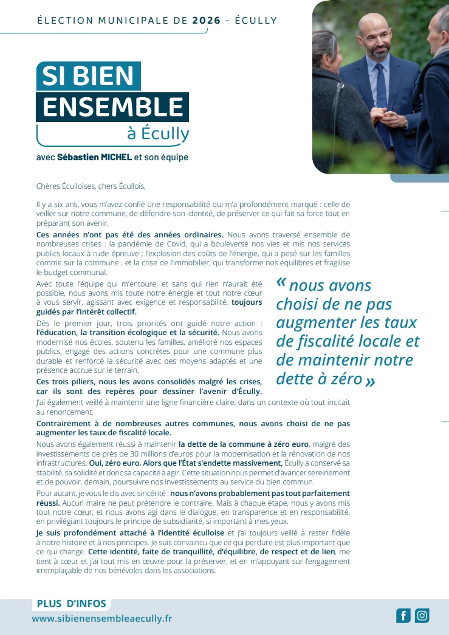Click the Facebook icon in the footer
[403, 616]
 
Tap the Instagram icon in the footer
[422, 616]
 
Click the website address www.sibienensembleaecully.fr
[102, 619]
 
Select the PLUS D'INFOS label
[72, 603]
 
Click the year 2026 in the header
[205, 20]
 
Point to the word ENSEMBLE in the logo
[113, 107]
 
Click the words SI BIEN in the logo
[88, 76]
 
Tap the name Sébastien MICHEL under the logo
[94, 157]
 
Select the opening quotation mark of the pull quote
[281, 283]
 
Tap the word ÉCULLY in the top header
[255, 20]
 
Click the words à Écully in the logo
[158, 133]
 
